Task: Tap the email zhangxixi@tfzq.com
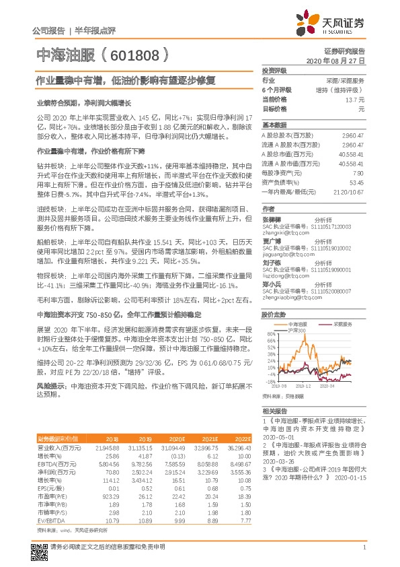coord(282,232)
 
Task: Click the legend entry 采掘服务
coord(345,324)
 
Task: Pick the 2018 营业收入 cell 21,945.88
coord(106,448)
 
